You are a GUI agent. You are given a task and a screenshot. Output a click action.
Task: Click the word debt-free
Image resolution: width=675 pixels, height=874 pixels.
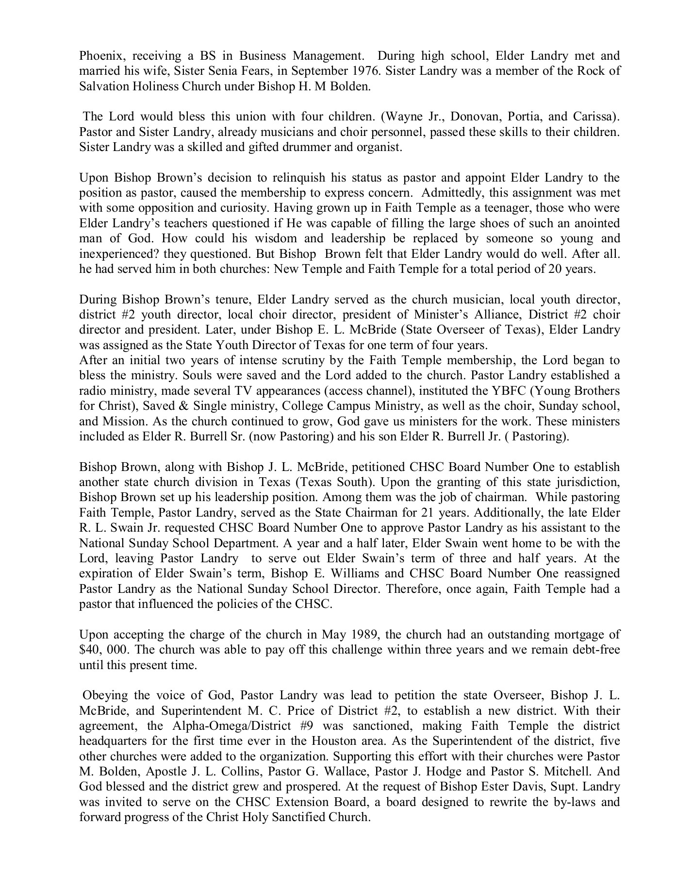(595, 650)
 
